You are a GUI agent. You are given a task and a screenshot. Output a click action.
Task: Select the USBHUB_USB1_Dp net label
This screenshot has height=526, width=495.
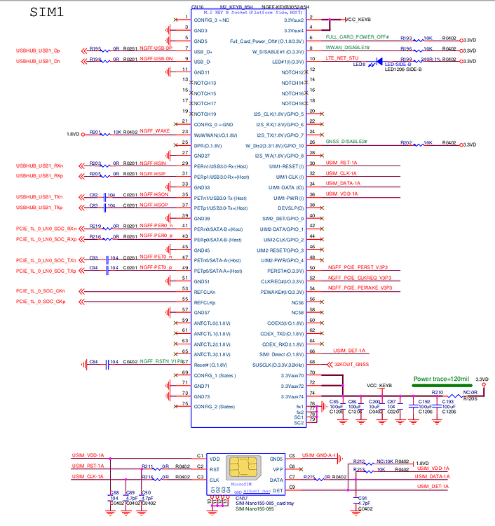point(38,51)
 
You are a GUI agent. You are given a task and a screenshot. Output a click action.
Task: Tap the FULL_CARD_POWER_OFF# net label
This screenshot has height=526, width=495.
point(357,36)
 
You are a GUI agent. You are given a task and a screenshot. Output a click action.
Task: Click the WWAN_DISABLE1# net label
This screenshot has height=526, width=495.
point(349,47)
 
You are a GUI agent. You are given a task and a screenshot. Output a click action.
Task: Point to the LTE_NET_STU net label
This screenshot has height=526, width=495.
point(343,58)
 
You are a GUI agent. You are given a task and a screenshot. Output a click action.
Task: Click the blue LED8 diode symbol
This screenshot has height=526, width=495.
point(379,62)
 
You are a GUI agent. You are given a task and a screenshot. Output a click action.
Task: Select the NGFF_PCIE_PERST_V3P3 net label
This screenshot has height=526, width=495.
point(358,267)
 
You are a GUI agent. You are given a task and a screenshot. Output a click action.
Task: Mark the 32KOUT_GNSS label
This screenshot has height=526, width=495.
point(352,365)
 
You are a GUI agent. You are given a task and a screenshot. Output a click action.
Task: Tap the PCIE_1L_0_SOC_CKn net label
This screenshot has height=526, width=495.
point(41,290)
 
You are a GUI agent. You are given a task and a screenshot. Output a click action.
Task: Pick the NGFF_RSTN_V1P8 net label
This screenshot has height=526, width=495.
point(161,361)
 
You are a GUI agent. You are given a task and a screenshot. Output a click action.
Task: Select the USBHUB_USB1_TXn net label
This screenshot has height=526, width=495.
point(39,196)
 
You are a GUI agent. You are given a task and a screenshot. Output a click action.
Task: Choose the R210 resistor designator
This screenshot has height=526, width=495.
point(438,393)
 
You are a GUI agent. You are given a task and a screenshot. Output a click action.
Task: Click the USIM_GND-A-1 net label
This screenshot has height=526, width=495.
point(319,455)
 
